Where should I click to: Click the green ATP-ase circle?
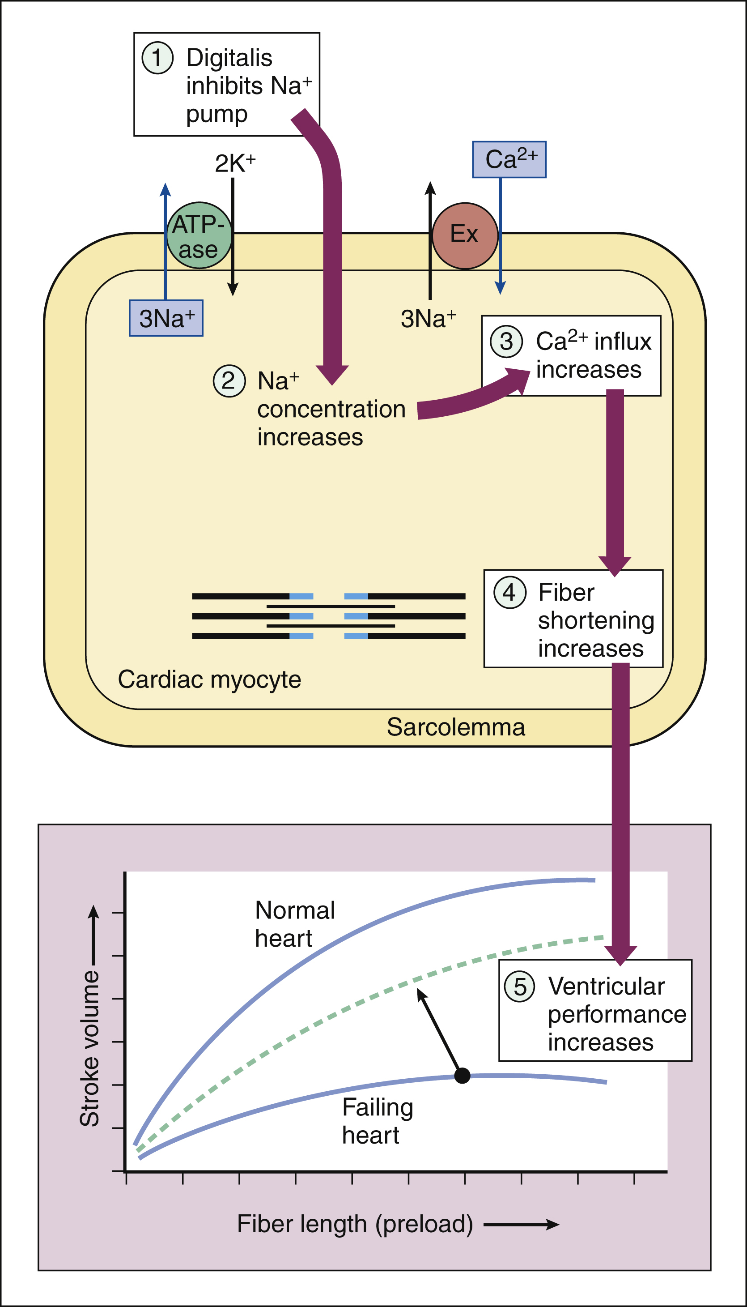[x=199, y=235]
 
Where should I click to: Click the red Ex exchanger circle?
[x=465, y=235]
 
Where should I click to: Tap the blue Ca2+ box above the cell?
[x=509, y=160]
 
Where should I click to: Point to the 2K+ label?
[x=235, y=164]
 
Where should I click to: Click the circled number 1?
[x=157, y=57]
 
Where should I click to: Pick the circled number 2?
[x=229, y=381]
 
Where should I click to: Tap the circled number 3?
[x=506, y=342]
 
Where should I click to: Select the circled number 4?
[x=509, y=593]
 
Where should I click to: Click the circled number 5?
[x=520, y=986]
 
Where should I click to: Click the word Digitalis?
[x=229, y=57]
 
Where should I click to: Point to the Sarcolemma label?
[x=456, y=727]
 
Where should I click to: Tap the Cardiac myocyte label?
[x=209, y=679]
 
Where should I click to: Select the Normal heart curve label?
[x=294, y=924]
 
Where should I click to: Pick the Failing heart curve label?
[x=377, y=1121]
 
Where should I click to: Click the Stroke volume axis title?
[x=90, y=1047]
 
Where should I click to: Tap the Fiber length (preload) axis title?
[x=355, y=1224]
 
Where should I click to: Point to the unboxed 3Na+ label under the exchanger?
[x=428, y=319]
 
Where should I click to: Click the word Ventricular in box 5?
[x=606, y=986]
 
